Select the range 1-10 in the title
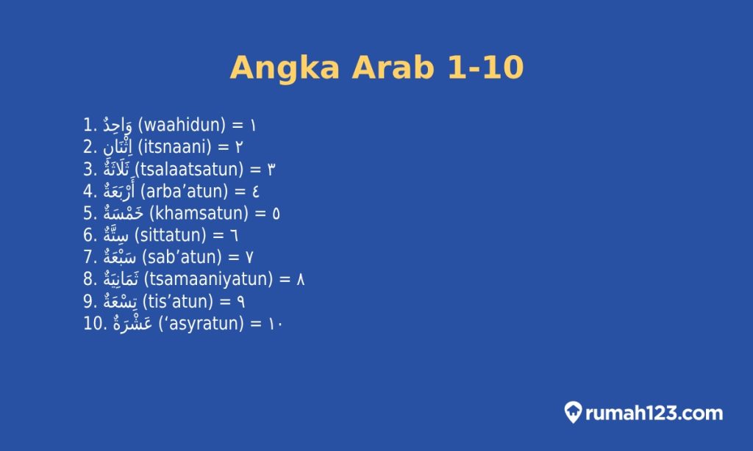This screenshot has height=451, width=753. coord(485,68)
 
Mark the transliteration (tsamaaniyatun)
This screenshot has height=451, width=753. coord(208,279)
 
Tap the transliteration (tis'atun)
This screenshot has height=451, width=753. coord(175,301)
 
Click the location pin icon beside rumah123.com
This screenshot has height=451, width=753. coord(573,412)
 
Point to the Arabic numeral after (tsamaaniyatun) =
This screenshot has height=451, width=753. coord(301,279)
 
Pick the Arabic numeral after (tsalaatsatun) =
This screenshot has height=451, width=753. coord(271,169)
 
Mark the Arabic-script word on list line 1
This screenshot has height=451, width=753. coord(117,125)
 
